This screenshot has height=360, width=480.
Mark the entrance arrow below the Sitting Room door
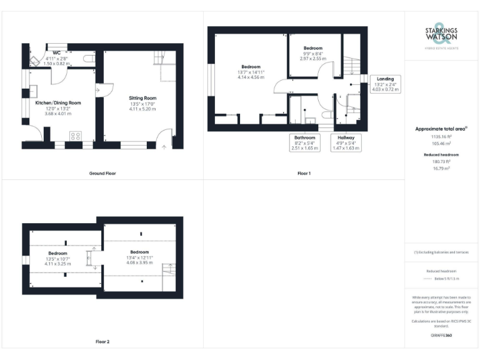tap(164, 147)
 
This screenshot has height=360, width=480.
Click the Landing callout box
tap(384, 84)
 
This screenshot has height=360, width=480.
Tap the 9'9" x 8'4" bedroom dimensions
tap(313, 54)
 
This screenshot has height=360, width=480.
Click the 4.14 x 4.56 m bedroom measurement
tap(251, 77)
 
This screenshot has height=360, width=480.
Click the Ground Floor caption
tap(102, 173)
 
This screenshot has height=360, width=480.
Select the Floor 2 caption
tap(102, 342)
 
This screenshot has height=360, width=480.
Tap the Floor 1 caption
tap(304, 173)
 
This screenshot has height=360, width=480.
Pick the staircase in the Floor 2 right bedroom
tap(169, 274)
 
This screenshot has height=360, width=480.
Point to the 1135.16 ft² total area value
tap(442, 136)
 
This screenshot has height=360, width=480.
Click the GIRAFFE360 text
tap(441, 336)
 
